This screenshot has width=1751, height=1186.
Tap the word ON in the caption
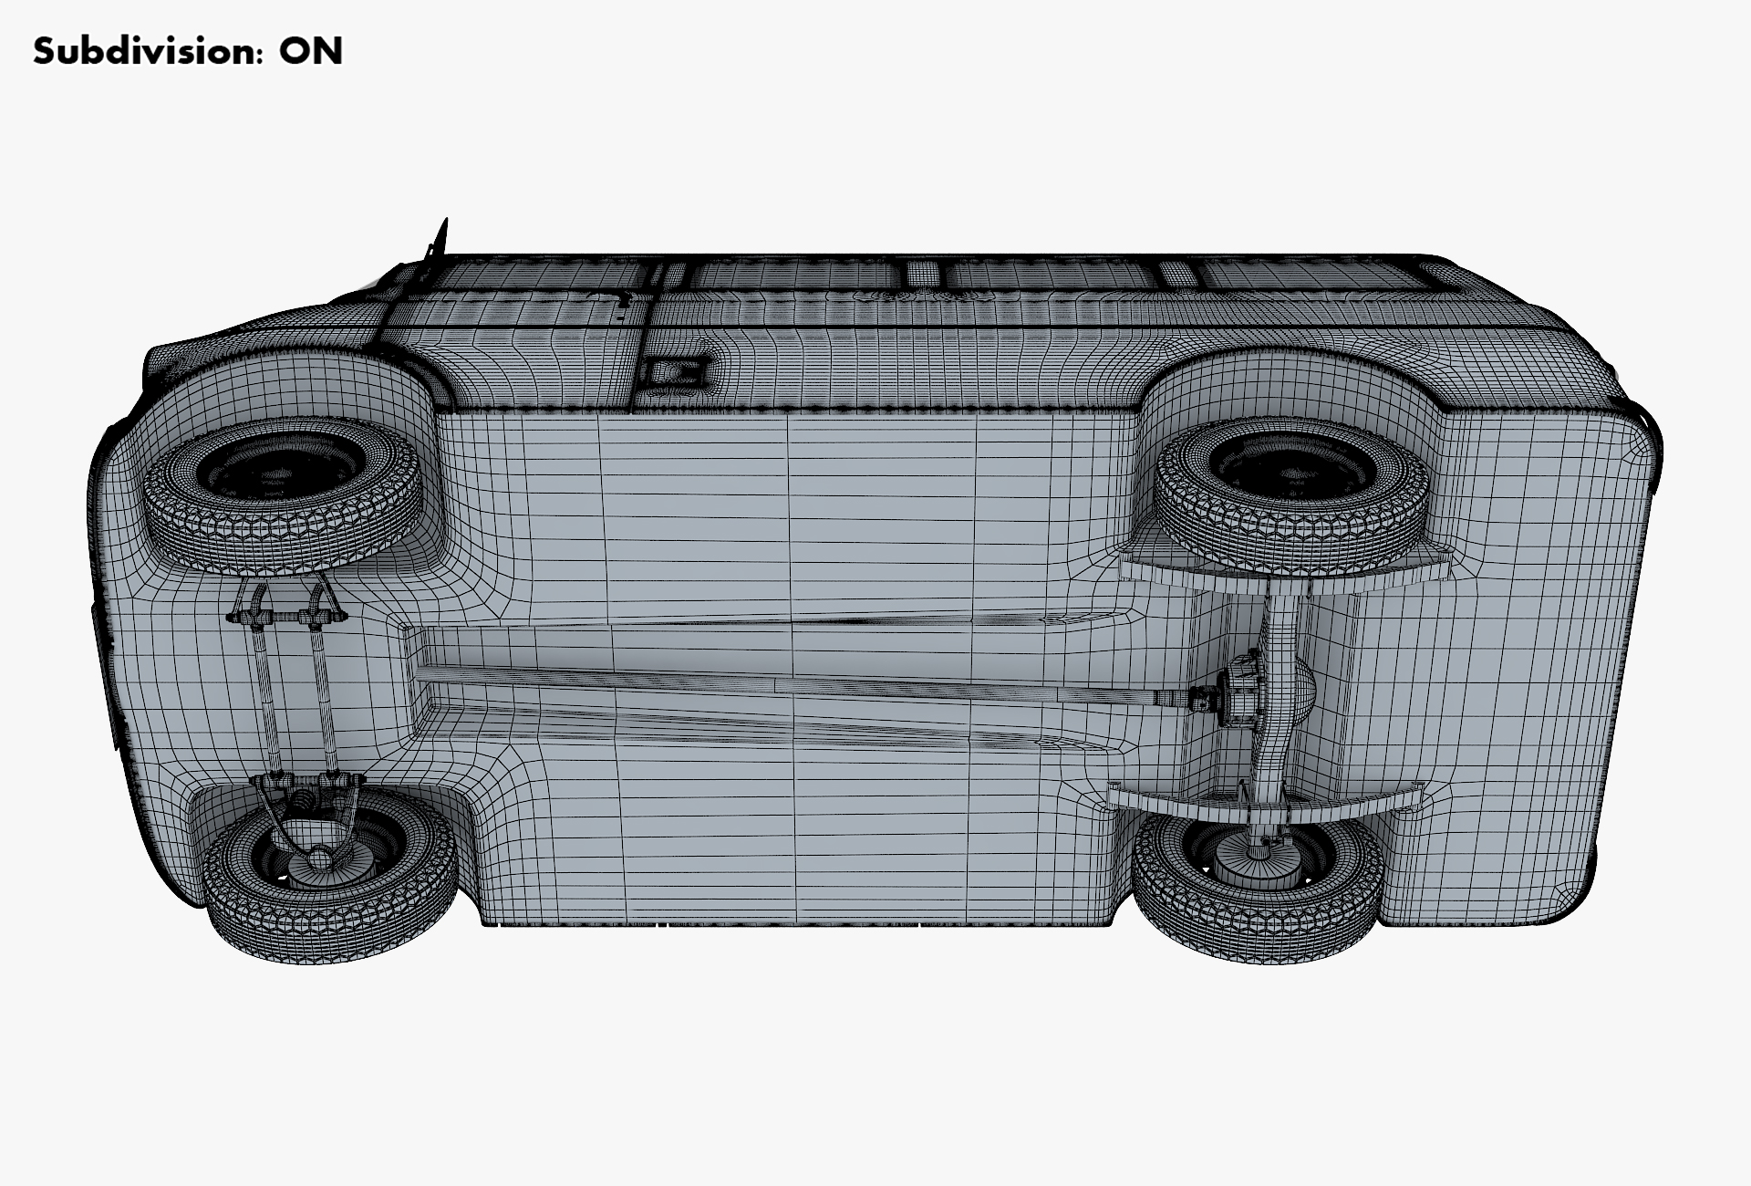(x=311, y=51)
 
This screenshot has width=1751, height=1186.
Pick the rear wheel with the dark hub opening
(x=1290, y=488)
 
